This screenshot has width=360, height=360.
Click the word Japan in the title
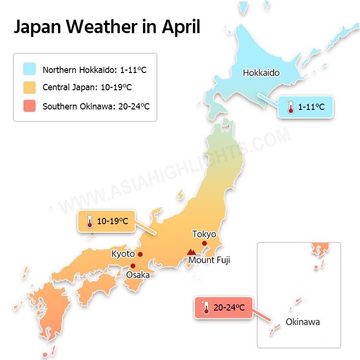coord(40,27)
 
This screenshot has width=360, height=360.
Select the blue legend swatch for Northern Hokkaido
coord(29,70)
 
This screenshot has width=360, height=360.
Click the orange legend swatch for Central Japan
coord(29,88)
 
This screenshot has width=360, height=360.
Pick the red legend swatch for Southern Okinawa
coord(29,106)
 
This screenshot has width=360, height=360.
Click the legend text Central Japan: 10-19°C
coord(87,88)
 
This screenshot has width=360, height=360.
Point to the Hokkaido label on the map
coord(261,73)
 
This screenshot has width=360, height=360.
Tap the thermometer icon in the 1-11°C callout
coord(290,107)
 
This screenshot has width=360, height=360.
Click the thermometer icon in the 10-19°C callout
coord(89,222)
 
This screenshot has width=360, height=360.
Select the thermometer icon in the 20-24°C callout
coord(206,308)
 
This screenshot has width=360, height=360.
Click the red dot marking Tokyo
coord(204,244)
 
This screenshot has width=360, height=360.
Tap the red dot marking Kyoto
coord(140,254)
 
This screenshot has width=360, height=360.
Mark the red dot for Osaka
coord(133,266)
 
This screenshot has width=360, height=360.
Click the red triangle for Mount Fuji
coord(192,252)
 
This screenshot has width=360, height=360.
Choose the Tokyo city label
coord(204,234)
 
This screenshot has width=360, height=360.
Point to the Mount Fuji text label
coord(209,260)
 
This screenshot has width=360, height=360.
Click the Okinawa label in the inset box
coord(302,322)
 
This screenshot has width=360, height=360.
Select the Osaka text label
coord(138,275)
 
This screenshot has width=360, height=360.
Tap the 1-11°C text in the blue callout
coord(311,107)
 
